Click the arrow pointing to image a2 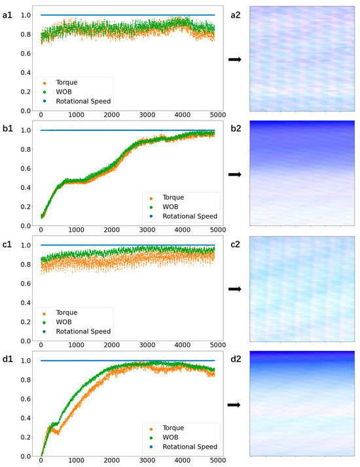[x=234, y=60]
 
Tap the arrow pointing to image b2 [x=234, y=175]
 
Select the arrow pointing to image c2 [x=234, y=290]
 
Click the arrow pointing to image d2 [x=234, y=405]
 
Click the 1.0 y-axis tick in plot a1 [x=24, y=15]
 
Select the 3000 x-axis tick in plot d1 [x=146, y=462]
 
